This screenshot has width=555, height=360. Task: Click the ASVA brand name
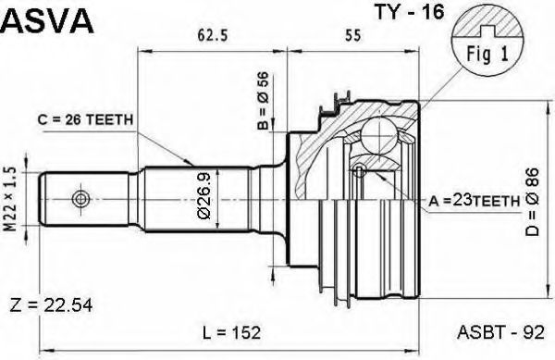[47, 20]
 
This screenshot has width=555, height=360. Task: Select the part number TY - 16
[409, 13]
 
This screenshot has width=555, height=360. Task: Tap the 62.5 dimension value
[213, 35]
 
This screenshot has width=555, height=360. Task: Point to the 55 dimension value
[352, 35]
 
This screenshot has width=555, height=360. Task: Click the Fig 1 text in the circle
[487, 55]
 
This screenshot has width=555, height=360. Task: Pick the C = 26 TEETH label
[86, 120]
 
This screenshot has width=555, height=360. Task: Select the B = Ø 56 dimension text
[263, 101]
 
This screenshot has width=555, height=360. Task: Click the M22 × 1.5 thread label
[12, 199]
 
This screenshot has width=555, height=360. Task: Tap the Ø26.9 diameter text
[204, 197]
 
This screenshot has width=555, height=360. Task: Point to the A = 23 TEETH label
[475, 201]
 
